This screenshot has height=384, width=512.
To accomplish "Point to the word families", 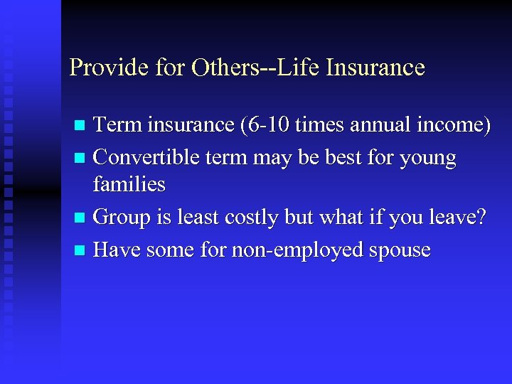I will click(129, 186).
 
